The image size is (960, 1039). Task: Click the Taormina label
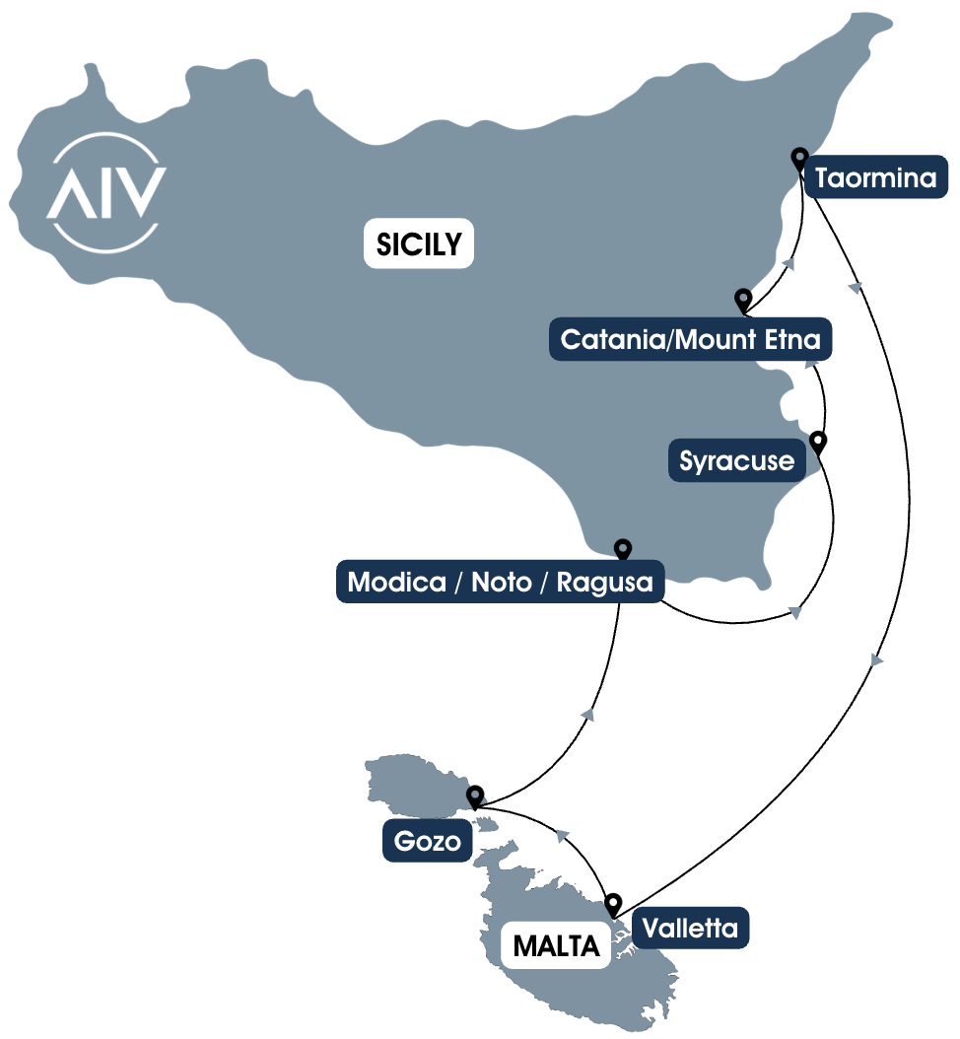[x=877, y=178]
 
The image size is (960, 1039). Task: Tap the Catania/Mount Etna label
[x=690, y=340]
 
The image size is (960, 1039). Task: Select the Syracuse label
[x=736, y=460]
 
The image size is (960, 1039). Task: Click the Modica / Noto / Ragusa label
[x=501, y=582]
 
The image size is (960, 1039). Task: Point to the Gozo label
[x=427, y=843]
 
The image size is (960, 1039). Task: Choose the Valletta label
[x=691, y=928]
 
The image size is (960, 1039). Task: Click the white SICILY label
[x=419, y=242]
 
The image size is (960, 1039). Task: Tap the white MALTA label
[x=556, y=947]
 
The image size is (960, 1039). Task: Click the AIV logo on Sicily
[x=106, y=189]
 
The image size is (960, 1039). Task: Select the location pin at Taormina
[x=799, y=158]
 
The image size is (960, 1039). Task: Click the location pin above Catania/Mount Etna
[x=743, y=299]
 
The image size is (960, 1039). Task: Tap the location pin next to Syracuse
[x=817, y=441]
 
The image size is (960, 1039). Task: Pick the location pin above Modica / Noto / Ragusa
[x=622, y=549]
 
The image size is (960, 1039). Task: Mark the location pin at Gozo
[x=475, y=796]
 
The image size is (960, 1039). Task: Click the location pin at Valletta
[x=613, y=902]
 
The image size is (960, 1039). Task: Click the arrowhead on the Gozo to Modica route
[x=587, y=715]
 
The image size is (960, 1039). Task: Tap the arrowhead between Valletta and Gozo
[x=563, y=836]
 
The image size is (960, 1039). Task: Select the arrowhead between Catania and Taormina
[x=788, y=263]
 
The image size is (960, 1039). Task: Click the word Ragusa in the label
[x=604, y=582]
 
